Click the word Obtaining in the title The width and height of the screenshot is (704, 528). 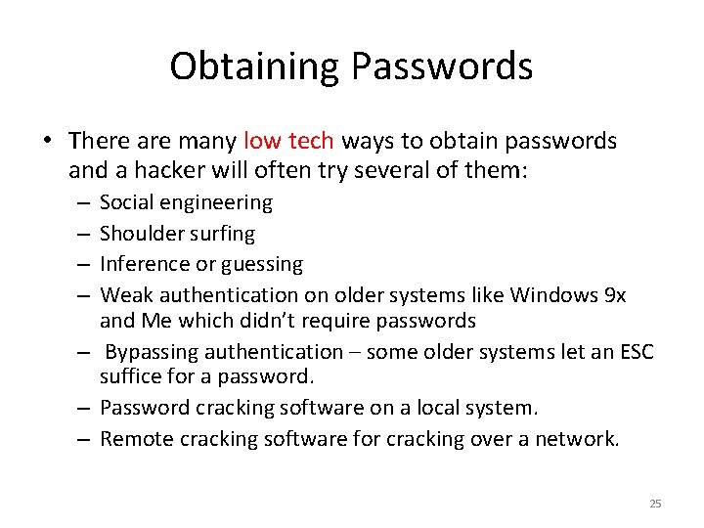(254, 66)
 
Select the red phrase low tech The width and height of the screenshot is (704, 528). (288, 141)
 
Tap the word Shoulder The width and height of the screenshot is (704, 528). (144, 234)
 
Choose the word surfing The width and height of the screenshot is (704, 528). (223, 234)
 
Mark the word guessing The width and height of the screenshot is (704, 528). (263, 264)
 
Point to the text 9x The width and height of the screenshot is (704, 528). (616, 294)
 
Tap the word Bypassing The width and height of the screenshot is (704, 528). (151, 351)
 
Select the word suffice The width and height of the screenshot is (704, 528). (129, 375)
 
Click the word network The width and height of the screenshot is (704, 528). (583, 439)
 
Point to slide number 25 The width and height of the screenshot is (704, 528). (655, 504)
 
